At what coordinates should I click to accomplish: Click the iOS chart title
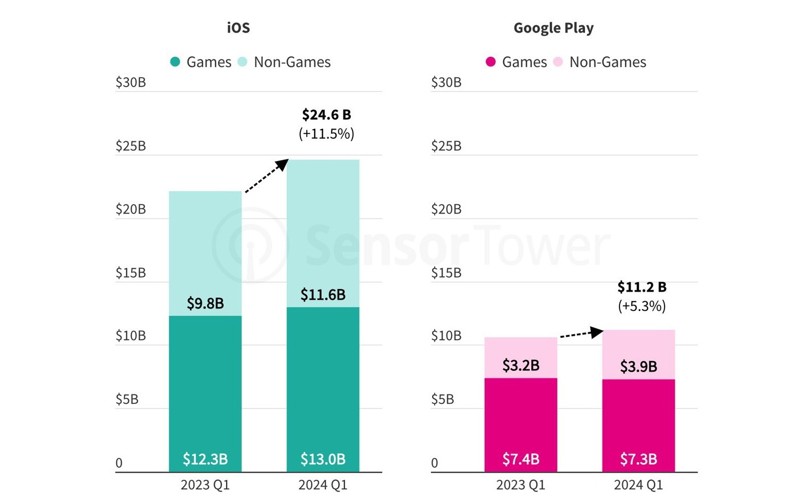click(x=238, y=28)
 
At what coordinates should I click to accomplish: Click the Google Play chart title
click(x=553, y=28)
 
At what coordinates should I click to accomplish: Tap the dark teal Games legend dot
click(x=175, y=62)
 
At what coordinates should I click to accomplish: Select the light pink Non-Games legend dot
click(x=557, y=62)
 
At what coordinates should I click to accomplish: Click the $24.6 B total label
click(x=326, y=114)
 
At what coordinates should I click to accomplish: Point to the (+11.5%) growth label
click(x=326, y=133)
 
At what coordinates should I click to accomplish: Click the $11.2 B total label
click(x=642, y=287)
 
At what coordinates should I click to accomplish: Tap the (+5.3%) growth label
click(x=642, y=306)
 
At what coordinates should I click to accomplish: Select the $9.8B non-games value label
click(x=205, y=303)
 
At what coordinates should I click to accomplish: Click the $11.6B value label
click(x=323, y=294)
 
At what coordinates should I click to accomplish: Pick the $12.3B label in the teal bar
click(x=205, y=458)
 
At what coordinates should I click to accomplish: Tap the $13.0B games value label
click(x=323, y=458)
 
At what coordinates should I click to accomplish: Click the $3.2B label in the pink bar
click(x=521, y=366)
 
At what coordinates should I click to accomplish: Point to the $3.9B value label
click(x=639, y=367)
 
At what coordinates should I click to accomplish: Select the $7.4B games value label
click(x=521, y=458)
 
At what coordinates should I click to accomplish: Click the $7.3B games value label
click(x=639, y=458)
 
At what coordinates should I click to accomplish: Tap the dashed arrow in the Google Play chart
click(x=581, y=334)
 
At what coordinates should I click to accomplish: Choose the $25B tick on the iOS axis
click(x=131, y=146)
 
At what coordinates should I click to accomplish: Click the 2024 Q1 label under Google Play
click(x=639, y=485)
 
